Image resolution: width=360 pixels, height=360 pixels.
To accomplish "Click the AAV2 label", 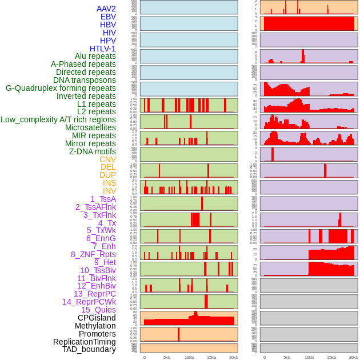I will pyautogui.click(x=106, y=9).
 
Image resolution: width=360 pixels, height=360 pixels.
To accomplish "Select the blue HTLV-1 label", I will pyautogui.click(x=103, y=49).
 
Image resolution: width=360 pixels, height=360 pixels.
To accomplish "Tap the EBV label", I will pyautogui.click(x=108, y=17).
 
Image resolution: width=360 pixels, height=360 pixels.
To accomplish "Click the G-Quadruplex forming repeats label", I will pyautogui.click(x=61, y=88).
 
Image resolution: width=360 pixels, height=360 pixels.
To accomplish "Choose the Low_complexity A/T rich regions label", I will pyautogui.click(x=58, y=119).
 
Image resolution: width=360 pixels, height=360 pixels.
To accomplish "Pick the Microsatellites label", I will pyautogui.click(x=90, y=127).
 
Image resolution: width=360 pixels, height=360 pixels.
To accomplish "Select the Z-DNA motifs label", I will pyautogui.click(x=93, y=151).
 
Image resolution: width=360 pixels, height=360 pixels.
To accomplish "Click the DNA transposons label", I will pyautogui.click(x=85, y=80).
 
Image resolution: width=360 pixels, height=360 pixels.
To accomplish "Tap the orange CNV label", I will pyautogui.click(x=107, y=159).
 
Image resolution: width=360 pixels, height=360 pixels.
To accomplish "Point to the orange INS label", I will pyautogui.click(x=109, y=183).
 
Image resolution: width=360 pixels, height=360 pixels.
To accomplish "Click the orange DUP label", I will pyautogui.click(x=107, y=175).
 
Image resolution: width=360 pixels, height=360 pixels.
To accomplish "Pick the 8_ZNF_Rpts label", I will pyautogui.click(x=93, y=254).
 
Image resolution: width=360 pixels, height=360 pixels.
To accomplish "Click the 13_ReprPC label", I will pyautogui.click(x=94, y=294).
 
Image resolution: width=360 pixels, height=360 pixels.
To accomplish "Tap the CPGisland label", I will pyautogui.click(x=97, y=318).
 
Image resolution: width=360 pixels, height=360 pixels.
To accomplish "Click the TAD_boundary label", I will pyautogui.click(x=89, y=349).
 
